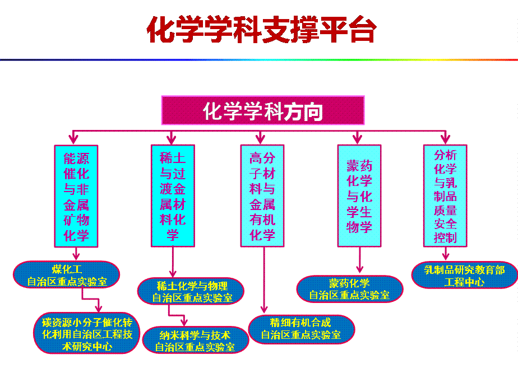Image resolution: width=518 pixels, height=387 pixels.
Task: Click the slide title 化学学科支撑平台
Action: click(261, 30)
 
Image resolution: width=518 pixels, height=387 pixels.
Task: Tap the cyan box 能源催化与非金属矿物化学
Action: click(76, 195)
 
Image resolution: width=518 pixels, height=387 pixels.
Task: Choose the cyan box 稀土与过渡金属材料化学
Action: click(173, 195)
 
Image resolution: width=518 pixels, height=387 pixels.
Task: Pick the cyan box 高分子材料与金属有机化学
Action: click(262, 195)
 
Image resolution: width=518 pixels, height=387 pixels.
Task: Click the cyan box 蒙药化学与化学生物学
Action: click(359, 195)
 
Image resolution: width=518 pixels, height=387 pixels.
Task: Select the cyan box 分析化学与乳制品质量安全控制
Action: click(445, 195)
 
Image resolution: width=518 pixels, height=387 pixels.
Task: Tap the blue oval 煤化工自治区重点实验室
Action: click(67, 274)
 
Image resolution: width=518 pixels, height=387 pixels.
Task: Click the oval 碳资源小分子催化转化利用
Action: click(87, 333)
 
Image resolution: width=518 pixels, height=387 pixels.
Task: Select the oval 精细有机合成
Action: click(301, 329)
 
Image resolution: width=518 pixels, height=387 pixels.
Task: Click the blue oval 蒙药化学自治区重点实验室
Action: click(349, 288)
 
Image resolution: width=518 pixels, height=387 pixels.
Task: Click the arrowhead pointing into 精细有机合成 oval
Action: click(263, 310)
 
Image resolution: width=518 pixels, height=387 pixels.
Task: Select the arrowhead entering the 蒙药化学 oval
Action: click(359, 269)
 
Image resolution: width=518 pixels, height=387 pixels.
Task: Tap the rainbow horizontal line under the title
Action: click(259, 59)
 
